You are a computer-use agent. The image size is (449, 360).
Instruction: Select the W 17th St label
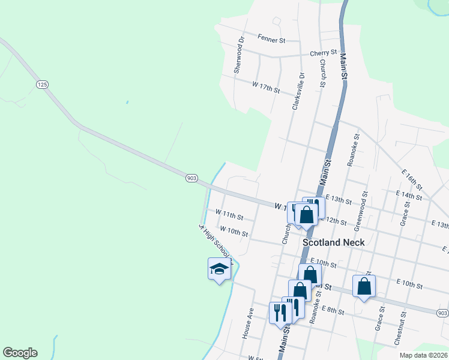click(x=266, y=87)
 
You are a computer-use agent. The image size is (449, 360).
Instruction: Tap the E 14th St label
click(x=409, y=195)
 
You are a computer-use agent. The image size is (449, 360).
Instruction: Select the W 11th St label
click(x=229, y=215)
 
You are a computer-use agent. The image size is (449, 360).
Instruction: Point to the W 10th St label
click(x=234, y=230)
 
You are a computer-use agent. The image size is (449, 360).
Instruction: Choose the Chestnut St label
click(x=400, y=328)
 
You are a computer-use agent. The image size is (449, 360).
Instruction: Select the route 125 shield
click(x=41, y=85)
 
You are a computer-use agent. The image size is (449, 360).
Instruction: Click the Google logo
click(x=20, y=353)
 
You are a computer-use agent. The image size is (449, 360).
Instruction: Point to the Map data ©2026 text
click(x=423, y=355)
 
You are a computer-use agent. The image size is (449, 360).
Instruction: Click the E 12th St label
click(x=335, y=221)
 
